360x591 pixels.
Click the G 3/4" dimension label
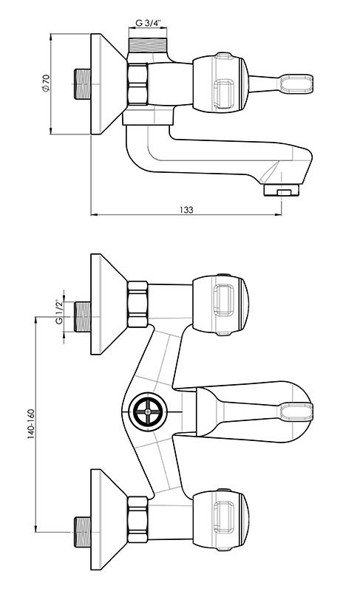tap(147, 23)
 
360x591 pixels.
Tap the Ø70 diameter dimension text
tap(46, 83)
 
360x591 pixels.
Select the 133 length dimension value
tap(186, 210)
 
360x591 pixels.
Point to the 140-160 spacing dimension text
tap(31, 423)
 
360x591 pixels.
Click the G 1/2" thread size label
tap(59, 312)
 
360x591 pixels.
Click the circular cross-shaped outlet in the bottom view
tap(148, 412)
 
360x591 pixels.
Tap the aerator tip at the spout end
tap(281, 190)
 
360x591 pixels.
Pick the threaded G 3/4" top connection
tap(147, 45)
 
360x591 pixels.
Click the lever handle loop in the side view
tap(296, 83)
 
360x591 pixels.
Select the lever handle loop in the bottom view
tap(296, 411)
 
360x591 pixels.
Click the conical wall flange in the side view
tap(108, 83)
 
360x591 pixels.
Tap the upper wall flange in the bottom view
tap(108, 304)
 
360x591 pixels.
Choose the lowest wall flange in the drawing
tap(108, 520)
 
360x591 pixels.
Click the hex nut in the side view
tap(137, 84)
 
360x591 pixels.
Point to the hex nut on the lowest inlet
tap(137, 520)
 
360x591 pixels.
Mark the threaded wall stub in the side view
tap(82, 83)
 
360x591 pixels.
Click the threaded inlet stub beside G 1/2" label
tap(82, 317)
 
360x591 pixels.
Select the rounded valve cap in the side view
tap(220, 83)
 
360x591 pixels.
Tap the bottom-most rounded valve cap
tap(220, 520)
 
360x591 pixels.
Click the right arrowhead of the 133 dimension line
tap(279, 215)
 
